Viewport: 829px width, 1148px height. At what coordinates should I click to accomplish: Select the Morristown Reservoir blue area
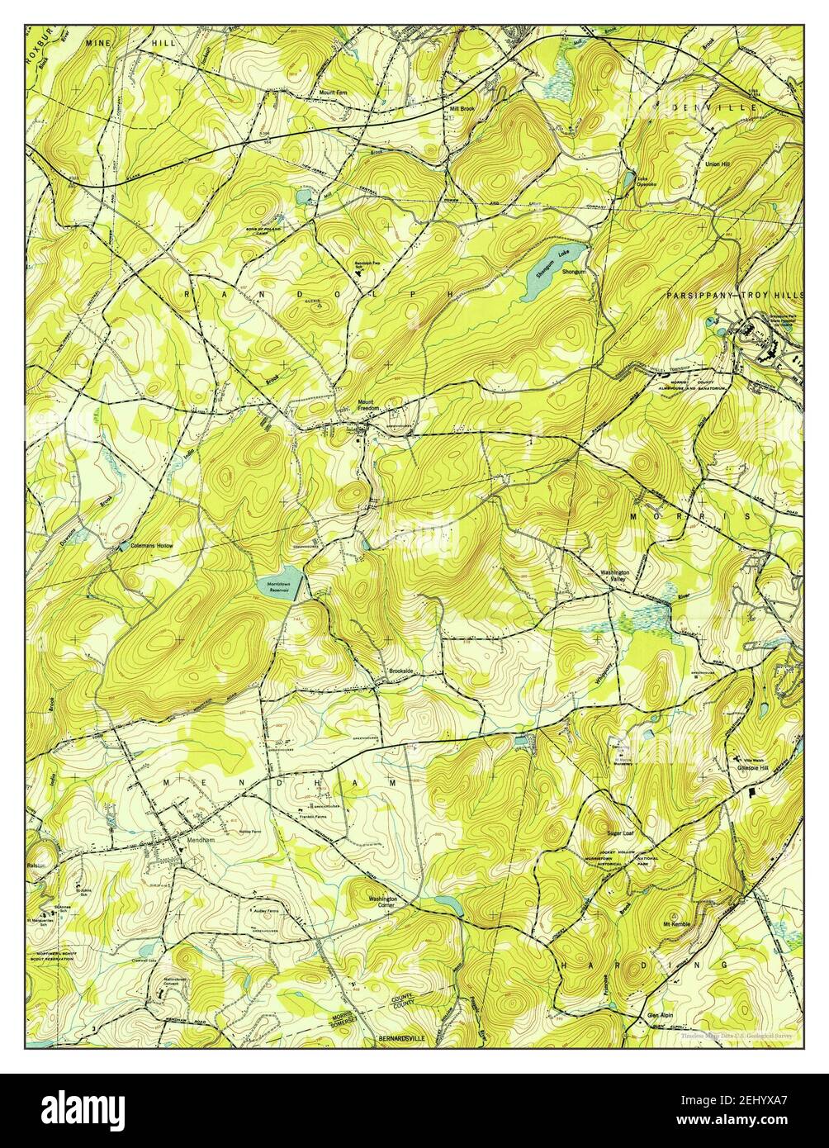click(x=278, y=586)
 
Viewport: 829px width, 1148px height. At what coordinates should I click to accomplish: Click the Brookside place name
click(x=402, y=671)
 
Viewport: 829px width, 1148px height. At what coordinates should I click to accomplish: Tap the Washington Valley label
click(x=615, y=576)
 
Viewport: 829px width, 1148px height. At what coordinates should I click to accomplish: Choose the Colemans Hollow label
click(x=153, y=546)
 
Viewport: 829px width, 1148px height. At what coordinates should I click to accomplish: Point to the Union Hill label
click(x=717, y=164)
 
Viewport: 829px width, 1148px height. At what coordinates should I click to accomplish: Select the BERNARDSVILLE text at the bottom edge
click(x=404, y=1037)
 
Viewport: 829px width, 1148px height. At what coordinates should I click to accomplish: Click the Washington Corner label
click(x=383, y=901)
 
